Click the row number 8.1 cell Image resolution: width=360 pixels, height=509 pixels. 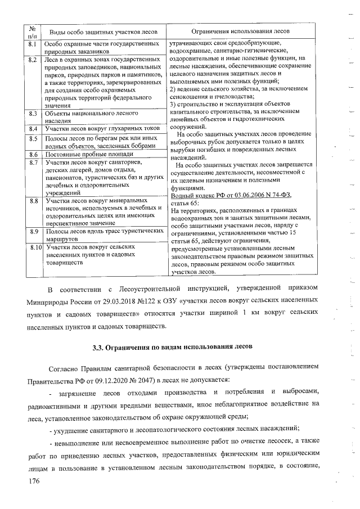[x=33, y=43]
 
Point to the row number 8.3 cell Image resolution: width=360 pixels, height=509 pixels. [x=33, y=115]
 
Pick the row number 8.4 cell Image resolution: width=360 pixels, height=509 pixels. [x=33, y=129]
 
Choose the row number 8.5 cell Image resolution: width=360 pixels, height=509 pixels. [x=33, y=138]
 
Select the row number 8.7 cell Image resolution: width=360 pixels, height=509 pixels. [x=33, y=163]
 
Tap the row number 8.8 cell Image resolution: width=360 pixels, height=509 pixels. [x=33, y=201]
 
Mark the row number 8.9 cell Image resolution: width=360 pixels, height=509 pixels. [x=33, y=232]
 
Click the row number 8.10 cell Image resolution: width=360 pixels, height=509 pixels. [x=35, y=247]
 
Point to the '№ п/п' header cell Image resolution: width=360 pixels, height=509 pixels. [x=32, y=31]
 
